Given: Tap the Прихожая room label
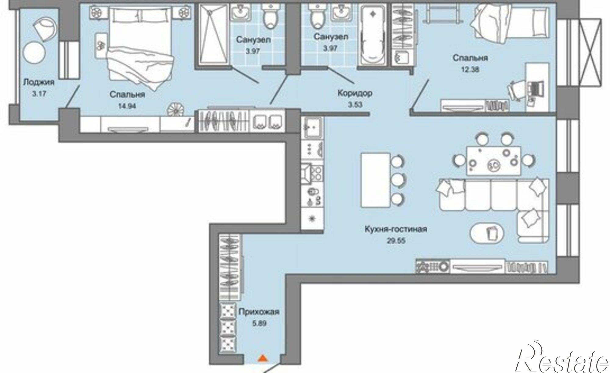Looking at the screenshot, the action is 259,312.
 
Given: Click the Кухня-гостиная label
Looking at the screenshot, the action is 396,229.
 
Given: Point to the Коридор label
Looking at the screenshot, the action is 355,93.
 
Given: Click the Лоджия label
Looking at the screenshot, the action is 39,82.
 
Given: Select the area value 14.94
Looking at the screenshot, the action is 127,106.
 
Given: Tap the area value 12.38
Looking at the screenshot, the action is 470,69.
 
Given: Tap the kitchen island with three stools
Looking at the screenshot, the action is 375,180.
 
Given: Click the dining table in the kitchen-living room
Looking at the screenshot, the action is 493,160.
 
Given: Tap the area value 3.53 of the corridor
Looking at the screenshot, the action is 355,105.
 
